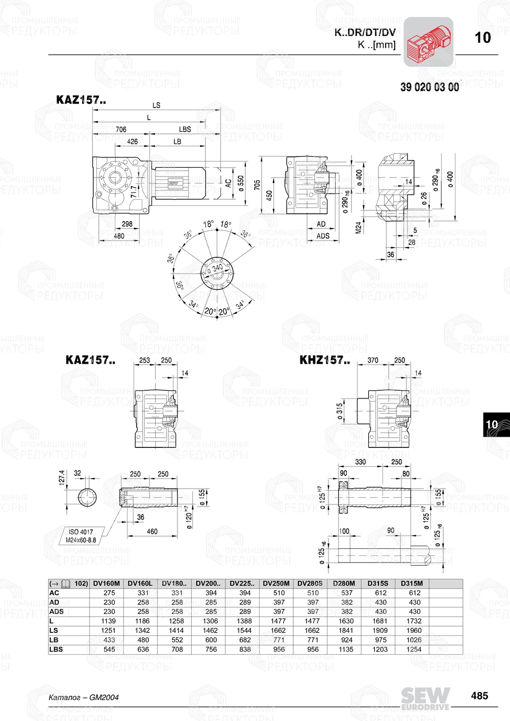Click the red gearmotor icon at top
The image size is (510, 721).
coord(428,42)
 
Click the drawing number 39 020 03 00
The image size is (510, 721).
coord(429,87)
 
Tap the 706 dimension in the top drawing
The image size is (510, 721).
coord(121,129)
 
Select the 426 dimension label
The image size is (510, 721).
coord(132,142)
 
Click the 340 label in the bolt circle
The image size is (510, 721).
coord(217,268)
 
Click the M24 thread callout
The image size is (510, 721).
coord(359,227)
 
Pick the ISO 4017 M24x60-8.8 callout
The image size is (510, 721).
coord(81,536)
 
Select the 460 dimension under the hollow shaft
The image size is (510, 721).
coord(152,531)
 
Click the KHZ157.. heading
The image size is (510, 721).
coord(324,360)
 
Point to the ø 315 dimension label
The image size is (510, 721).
coord(340,412)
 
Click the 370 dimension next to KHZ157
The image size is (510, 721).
coord(373,360)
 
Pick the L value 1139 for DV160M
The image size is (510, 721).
coord(109,621)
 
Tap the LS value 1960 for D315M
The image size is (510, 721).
coord(414,630)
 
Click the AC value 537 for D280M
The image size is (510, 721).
coord(347,593)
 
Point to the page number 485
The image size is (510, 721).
coord(479,696)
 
